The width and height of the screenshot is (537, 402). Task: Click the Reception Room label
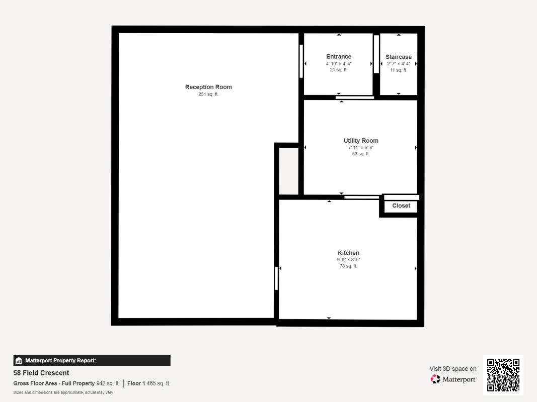click(x=208, y=87)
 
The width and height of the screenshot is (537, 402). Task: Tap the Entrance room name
click(x=339, y=56)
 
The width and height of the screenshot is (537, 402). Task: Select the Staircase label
click(x=398, y=57)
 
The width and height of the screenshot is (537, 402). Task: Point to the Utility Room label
click(x=361, y=141)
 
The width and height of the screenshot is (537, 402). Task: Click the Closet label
click(x=401, y=206)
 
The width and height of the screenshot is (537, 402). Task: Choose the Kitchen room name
click(x=348, y=253)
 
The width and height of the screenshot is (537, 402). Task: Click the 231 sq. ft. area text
click(x=208, y=94)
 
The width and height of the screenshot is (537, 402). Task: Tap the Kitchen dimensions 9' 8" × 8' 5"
click(x=348, y=260)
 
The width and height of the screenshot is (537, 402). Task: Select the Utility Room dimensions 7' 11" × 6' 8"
click(x=361, y=148)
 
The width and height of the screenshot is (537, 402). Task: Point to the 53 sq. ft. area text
click(x=361, y=154)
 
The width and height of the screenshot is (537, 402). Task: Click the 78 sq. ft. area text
click(x=348, y=266)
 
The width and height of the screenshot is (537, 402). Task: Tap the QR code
click(x=503, y=375)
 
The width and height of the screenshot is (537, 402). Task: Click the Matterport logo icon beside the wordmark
click(x=435, y=379)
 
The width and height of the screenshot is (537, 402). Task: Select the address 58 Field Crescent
click(x=41, y=372)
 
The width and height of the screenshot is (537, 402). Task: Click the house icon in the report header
click(x=19, y=360)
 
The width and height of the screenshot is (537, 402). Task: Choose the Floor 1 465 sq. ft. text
click(x=148, y=383)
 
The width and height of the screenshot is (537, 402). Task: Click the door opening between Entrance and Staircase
click(x=376, y=54)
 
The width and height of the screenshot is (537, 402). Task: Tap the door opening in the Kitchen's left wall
click(x=276, y=278)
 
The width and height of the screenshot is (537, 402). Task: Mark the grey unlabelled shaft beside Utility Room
click(x=289, y=171)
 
